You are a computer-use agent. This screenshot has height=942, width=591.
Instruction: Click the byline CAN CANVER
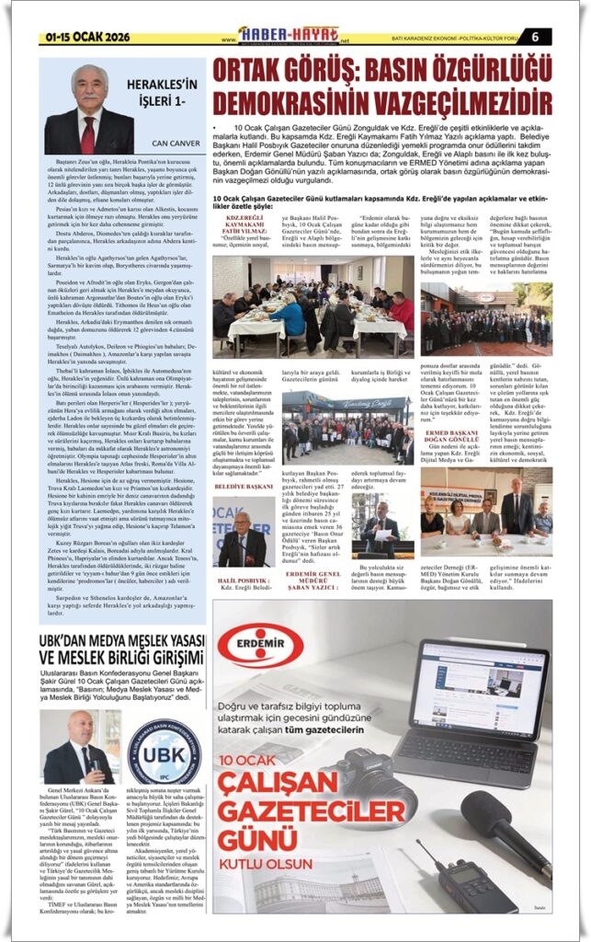[x=175, y=144]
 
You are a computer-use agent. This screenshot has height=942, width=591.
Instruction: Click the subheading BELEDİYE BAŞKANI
[x=244, y=486]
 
